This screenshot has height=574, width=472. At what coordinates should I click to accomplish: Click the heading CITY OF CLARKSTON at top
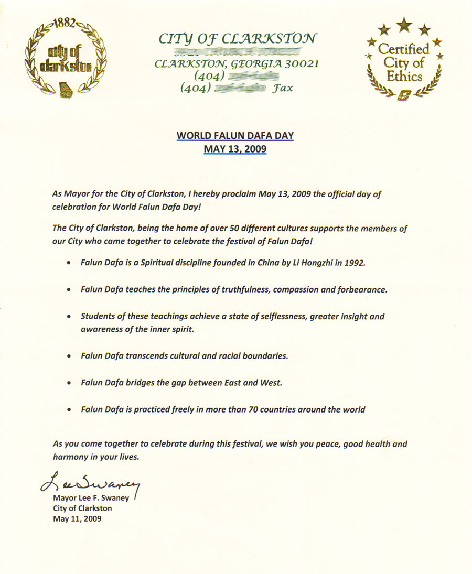[237, 38]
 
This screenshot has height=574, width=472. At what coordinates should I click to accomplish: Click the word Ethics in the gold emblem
[404, 77]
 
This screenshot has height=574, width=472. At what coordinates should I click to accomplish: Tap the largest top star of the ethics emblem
[404, 24]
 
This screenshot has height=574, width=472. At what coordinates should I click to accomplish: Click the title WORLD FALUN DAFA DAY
[235, 136]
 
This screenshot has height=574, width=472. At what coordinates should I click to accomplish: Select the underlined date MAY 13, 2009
[235, 149]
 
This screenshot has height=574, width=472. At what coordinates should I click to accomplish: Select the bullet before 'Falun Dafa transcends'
[69, 356]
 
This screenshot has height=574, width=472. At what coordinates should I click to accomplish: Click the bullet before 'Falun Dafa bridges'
[69, 384]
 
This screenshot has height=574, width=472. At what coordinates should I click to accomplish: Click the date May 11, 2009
[78, 519]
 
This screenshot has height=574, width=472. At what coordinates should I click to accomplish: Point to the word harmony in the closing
[70, 457]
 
